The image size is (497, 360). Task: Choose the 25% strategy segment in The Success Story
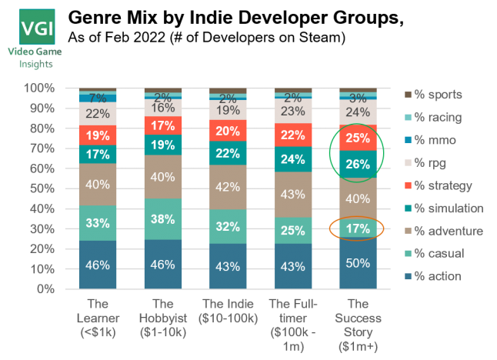[x=362, y=138]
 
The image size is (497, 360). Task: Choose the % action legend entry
[x=433, y=275]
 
